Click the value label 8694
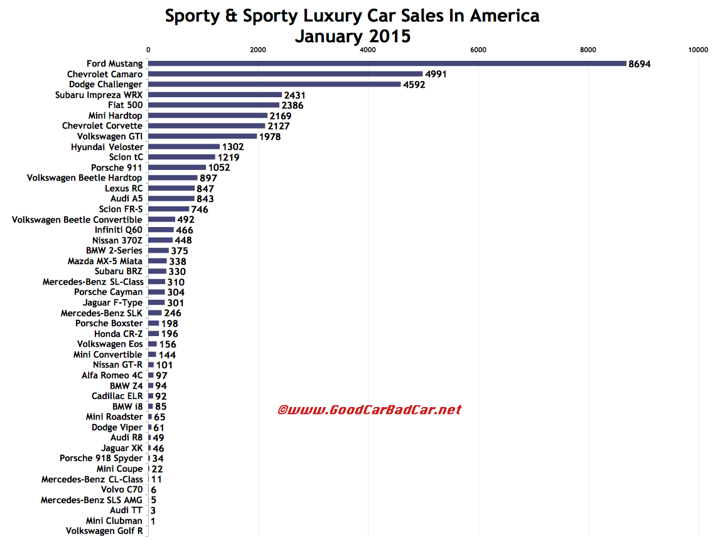(x=640, y=64)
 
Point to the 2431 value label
(x=294, y=95)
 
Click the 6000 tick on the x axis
(x=478, y=50)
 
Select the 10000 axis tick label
(x=698, y=50)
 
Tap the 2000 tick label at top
(x=257, y=50)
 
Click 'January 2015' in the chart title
(x=352, y=36)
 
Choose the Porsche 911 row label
(x=116, y=168)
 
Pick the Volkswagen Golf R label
(x=104, y=531)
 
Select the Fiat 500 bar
(x=213, y=105)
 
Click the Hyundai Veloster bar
(x=184, y=147)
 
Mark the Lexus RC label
(x=124, y=188)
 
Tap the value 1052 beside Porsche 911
(x=219, y=168)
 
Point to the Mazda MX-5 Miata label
(x=105, y=261)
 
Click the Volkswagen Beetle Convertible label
(x=77, y=220)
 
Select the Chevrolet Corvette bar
(x=207, y=125)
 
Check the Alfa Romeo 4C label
(x=112, y=375)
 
